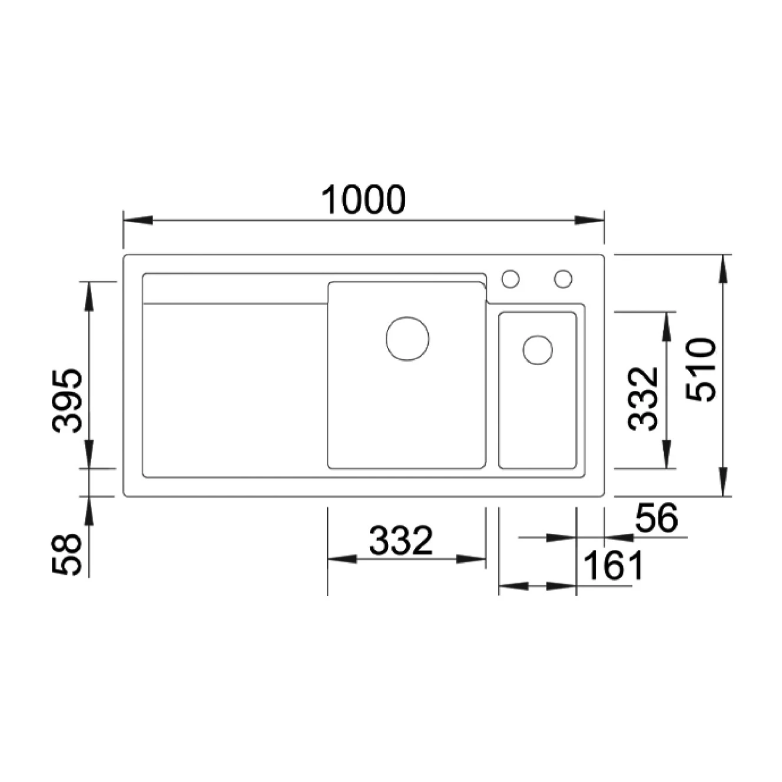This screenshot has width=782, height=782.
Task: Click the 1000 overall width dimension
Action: [x=363, y=200]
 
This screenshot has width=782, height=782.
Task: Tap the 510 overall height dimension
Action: [x=701, y=371]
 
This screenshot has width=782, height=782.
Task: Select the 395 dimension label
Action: [x=67, y=400]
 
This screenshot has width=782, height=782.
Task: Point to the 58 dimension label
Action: [x=67, y=555]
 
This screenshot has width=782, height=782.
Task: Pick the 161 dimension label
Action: [x=613, y=565]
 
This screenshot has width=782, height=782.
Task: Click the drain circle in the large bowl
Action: [x=407, y=339]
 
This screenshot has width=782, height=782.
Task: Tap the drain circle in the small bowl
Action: [x=538, y=350]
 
